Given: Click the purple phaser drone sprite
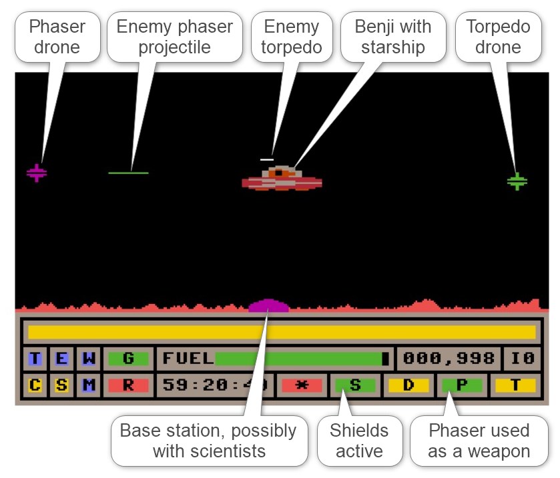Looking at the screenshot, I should click(37, 173).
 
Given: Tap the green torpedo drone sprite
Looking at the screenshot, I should click(517, 181).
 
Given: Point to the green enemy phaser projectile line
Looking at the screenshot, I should click(128, 173).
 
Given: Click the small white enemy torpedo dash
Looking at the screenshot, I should click(266, 159).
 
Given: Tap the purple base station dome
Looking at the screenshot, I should click(268, 306).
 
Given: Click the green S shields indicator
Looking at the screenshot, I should click(354, 385).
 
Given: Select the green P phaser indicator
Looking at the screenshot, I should click(461, 385).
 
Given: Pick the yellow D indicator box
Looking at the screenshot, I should click(408, 385).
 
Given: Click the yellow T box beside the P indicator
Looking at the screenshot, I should click(515, 385).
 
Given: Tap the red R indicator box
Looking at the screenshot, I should click(128, 385).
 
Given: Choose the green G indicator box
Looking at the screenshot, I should click(128, 358).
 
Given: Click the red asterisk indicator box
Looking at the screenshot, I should click(302, 385).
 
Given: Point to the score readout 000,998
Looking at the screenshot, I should click(449, 358).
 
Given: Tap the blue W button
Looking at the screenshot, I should click(88, 358).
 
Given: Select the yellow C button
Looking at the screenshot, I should click(35, 385).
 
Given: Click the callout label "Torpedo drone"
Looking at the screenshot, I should click(498, 37).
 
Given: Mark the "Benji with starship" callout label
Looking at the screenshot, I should click(393, 37).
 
